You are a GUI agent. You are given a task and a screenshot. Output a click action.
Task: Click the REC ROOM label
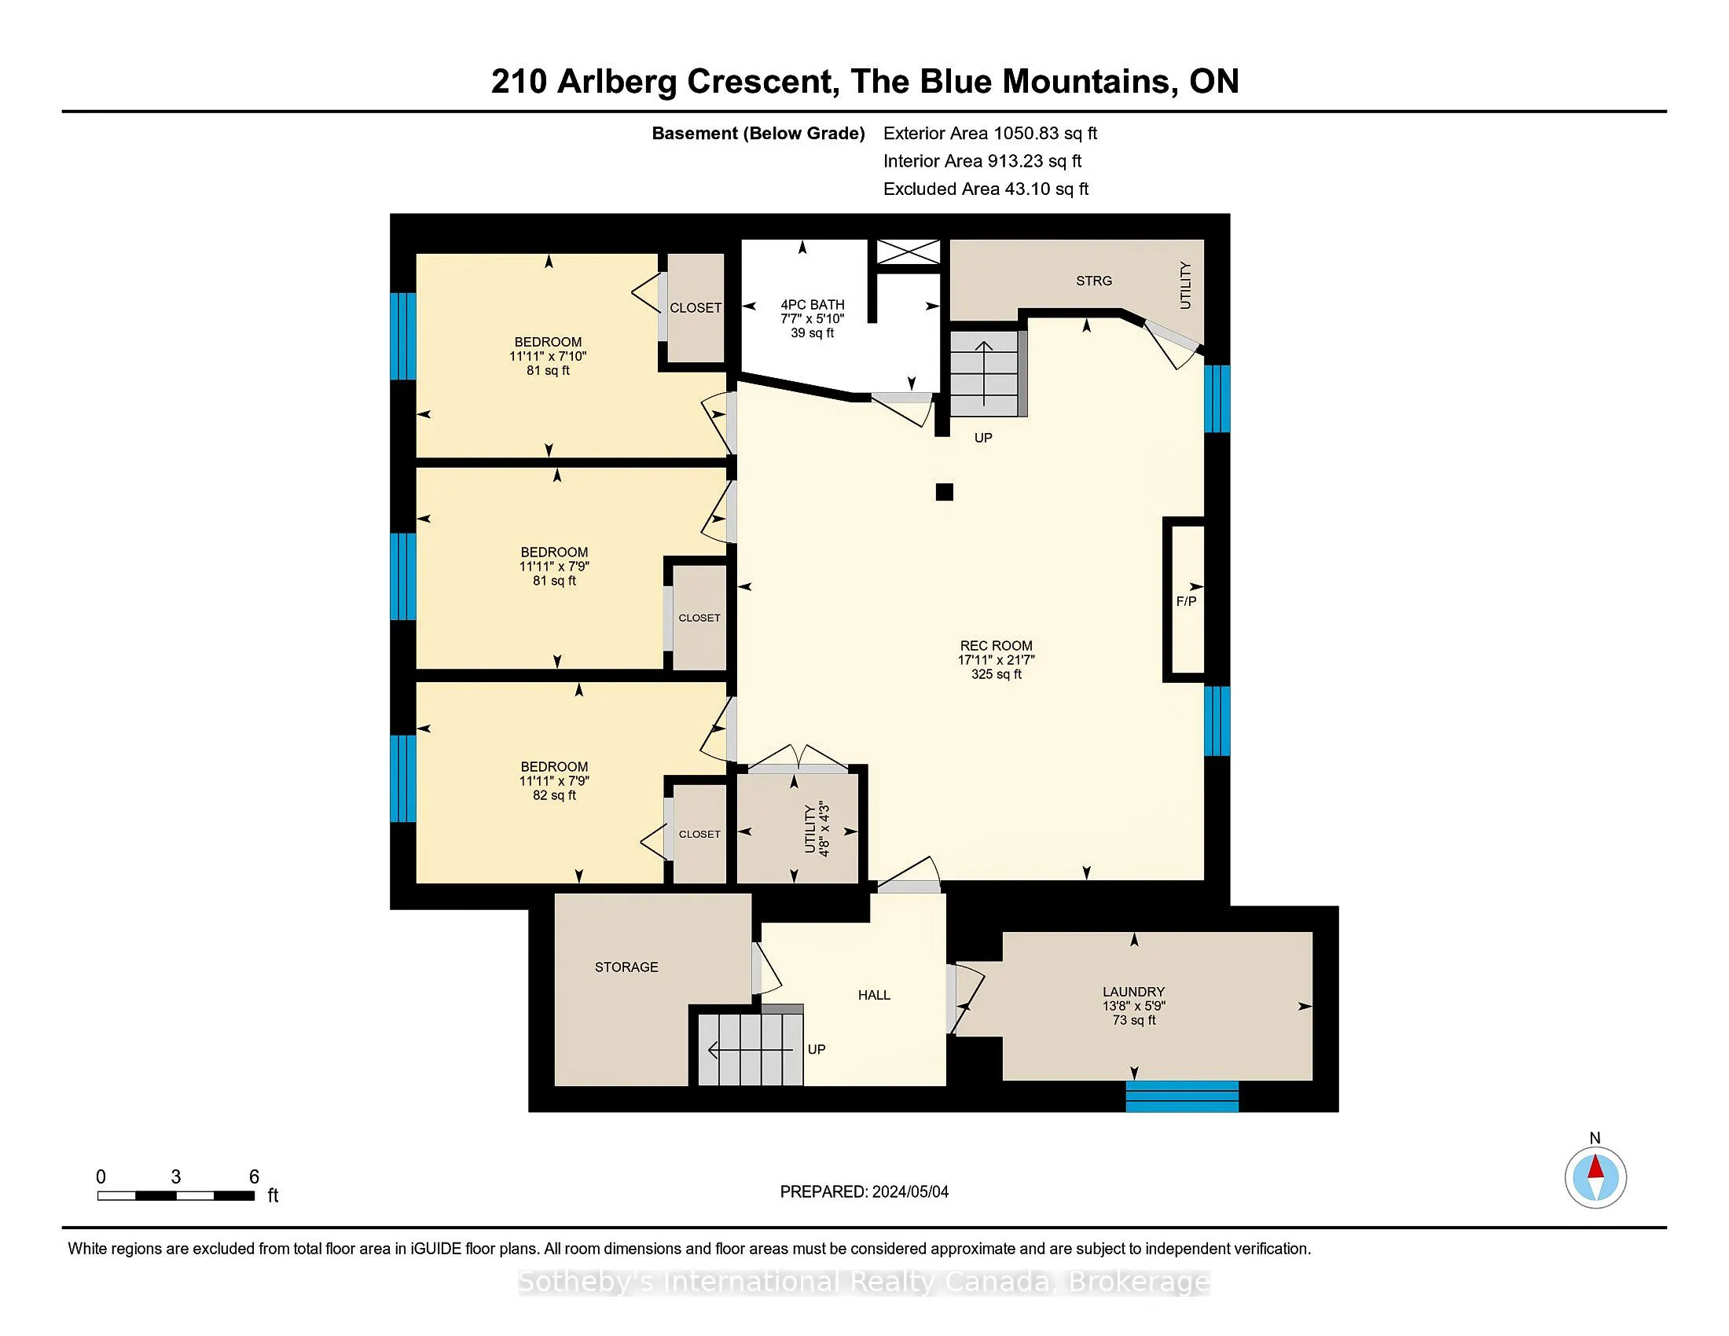coord(996,646)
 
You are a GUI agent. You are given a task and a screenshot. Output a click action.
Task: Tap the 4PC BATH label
coord(813,305)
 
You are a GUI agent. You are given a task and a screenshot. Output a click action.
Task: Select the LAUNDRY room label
coord(1133,992)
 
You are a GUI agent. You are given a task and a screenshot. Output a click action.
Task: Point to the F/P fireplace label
coord(1186,601)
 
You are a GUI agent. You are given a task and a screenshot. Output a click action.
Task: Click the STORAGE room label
coord(626,967)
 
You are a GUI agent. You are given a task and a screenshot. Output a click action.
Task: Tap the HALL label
coord(874,995)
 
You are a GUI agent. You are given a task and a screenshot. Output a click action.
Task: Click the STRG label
coord(1094,281)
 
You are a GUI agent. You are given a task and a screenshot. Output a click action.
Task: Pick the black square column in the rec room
coord(944,492)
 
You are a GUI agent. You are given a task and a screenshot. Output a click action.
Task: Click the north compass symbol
coord(1595,1177)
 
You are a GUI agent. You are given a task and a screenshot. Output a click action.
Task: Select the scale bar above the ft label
coord(176,1196)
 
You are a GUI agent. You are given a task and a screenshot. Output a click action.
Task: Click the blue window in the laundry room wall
coord(1182,1096)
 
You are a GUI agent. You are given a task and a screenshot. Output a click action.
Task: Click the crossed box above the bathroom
coord(909,252)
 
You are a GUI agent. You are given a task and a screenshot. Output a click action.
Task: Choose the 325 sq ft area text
coord(996,674)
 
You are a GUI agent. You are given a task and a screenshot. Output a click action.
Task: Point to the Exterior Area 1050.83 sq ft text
coord(990,133)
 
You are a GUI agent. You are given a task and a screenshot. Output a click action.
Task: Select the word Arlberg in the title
coord(616,83)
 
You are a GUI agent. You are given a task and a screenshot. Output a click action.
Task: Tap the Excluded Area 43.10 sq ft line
coord(986,189)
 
